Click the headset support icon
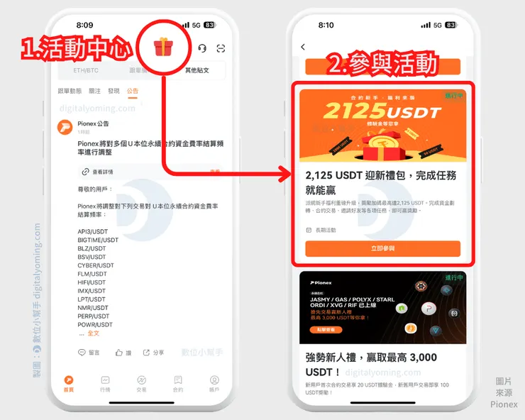(202, 48)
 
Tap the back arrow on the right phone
(303, 47)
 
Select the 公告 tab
(133, 91)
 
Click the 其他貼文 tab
(197, 70)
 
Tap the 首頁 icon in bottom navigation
(68, 384)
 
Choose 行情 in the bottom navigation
(105, 384)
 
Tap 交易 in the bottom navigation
(141, 384)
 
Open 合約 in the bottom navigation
(178, 384)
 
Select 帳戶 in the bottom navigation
(214, 384)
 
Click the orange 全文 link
(94, 333)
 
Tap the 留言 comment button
(89, 353)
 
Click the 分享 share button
(153, 353)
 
